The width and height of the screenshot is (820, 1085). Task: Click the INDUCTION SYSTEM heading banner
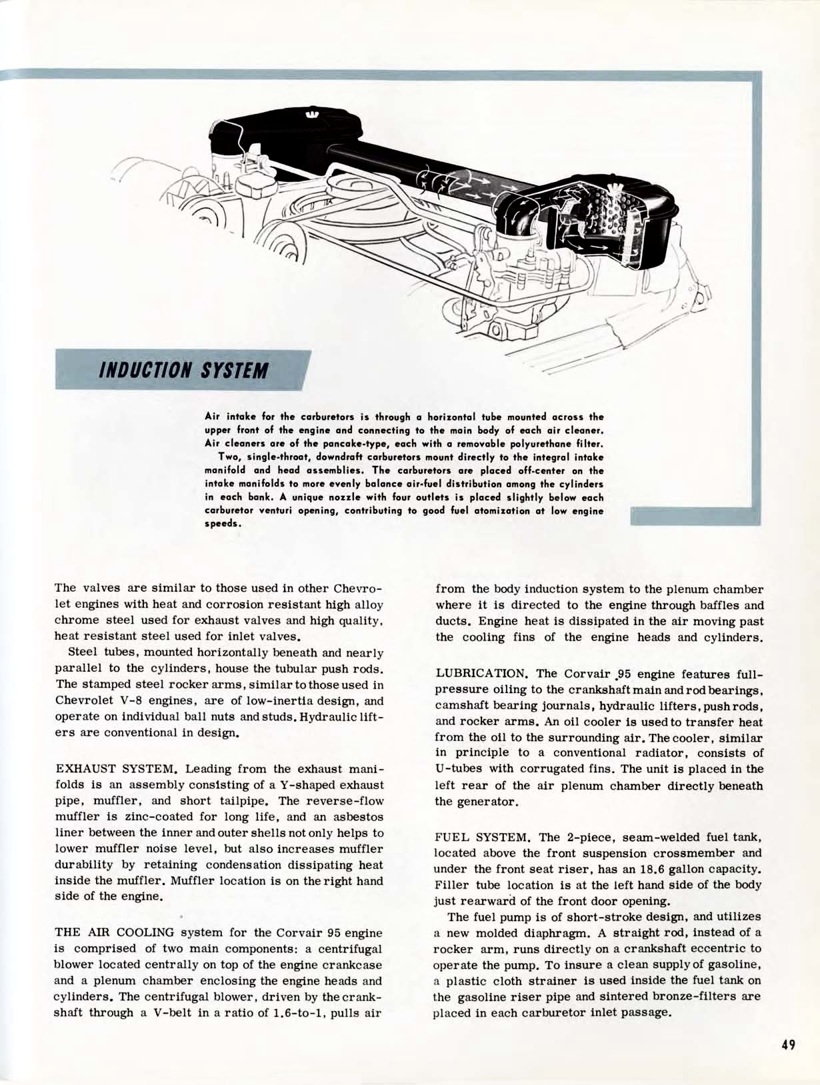click(x=183, y=370)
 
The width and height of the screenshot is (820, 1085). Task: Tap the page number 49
click(x=788, y=1044)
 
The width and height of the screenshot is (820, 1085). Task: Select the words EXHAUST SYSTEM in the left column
click(x=116, y=769)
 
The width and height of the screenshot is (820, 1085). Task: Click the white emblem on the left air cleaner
click(x=311, y=115)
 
